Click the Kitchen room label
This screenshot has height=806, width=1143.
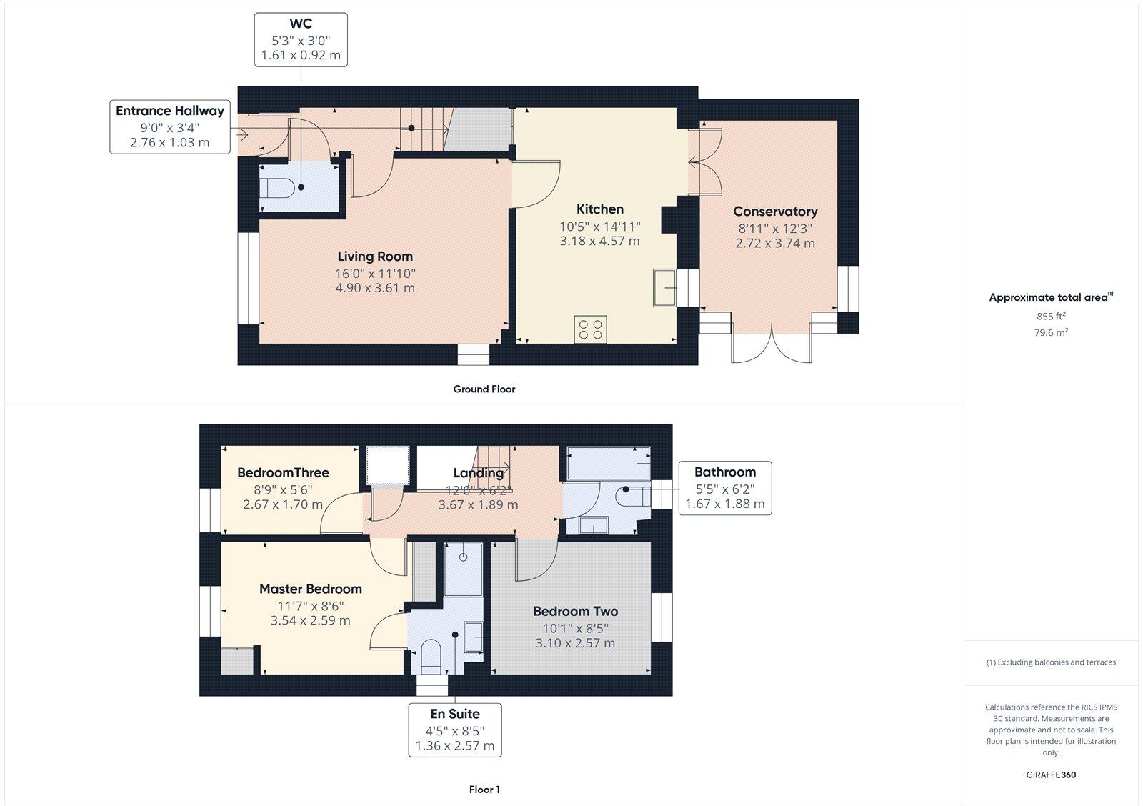click(599, 209)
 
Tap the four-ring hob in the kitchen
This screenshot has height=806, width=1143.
click(590, 329)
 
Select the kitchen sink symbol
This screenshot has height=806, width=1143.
click(664, 288)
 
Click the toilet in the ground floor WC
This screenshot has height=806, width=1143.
click(277, 188)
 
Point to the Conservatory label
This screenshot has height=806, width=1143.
click(775, 212)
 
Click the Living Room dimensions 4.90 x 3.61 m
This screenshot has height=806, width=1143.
click(374, 288)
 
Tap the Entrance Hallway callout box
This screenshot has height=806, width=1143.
click(170, 126)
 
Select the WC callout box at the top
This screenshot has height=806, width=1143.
click(301, 39)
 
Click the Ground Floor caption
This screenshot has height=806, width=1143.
click(484, 389)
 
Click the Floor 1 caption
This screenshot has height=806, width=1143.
click(484, 790)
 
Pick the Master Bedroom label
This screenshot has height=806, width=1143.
click(310, 589)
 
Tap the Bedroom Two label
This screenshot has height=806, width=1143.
click(575, 611)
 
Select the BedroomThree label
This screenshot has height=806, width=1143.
click(283, 472)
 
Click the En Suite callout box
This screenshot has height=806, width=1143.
click(454, 730)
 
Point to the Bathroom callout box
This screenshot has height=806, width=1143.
click(724, 487)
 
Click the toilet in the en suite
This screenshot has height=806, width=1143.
click(431, 656)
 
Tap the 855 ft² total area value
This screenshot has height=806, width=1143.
click(1051, 316)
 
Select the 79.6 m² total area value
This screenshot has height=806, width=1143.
click(1051, 332)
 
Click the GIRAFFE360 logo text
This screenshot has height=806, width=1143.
click(1051, 775)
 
